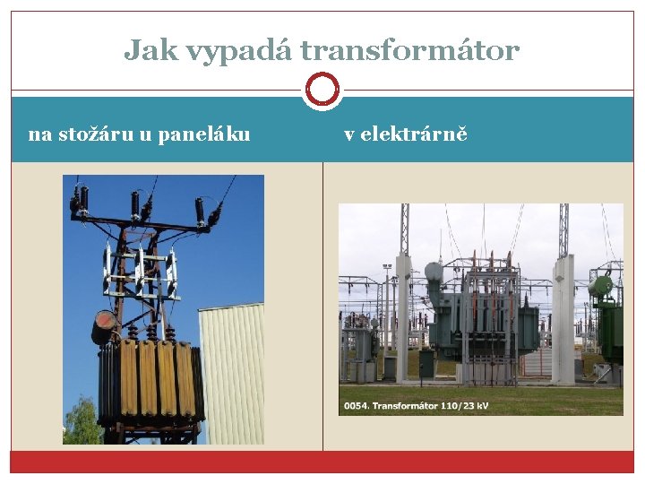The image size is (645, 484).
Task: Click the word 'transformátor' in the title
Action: tap(409, 50)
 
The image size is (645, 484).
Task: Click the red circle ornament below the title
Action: tap(322, 90)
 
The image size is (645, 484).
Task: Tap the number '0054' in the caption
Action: tap(355, 406)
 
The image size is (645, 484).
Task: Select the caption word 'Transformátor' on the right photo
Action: tap(405, 406)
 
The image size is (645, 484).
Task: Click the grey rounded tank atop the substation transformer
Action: tap(434, 271)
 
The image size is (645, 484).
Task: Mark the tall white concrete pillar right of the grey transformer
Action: tap(563, 318)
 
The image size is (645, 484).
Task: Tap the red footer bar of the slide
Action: tap(322, 462)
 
